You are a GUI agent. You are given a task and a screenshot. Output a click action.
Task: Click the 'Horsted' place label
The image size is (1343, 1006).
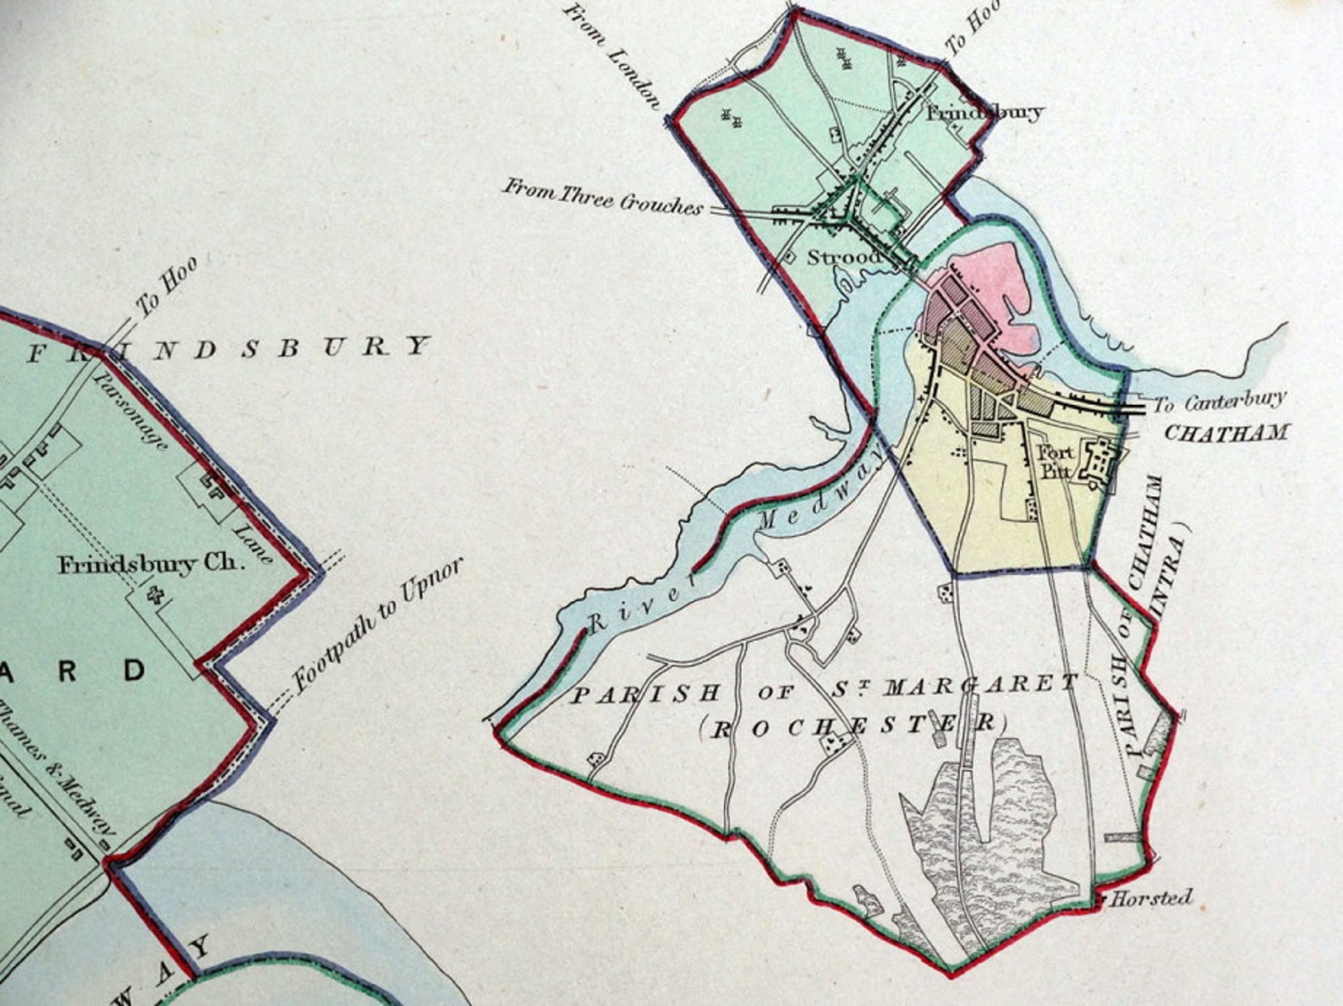tap(1151, 897)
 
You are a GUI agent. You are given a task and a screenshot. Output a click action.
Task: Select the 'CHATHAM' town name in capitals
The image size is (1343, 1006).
tap(1226, 433)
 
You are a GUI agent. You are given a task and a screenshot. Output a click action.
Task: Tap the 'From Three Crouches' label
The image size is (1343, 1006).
tap(603, 196)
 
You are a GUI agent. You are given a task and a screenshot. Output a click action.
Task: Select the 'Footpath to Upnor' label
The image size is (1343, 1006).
tap(378, 625)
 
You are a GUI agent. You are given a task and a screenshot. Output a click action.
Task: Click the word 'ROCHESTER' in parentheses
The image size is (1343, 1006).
tap(855, 725)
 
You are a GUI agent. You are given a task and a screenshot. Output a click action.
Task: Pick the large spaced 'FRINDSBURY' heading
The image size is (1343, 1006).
tap(228, 348)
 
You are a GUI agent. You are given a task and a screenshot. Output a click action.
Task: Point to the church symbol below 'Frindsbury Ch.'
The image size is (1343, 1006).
tap(155, 596)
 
